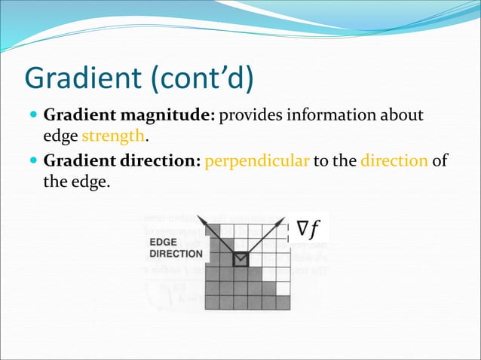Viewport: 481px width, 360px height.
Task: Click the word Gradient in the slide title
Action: pyautogui.click(x=81, y=78)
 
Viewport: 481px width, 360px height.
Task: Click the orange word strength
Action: pyautogui.click(x=112, y=137)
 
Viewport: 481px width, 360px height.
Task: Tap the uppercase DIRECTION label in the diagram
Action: pyautogui.click(x=176, y=254)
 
